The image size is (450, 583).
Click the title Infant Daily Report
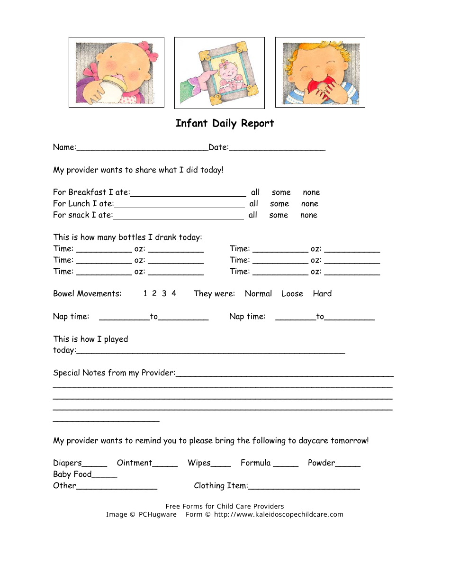click(x=225, y=123)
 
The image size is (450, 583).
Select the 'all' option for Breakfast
click(x=255, y=192)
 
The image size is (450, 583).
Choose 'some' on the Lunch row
click(x=279, y=204)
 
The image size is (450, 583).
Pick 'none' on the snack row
click(x=309, y=215)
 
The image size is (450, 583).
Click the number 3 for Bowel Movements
click(x=164, y=294)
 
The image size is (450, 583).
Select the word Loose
click(x=292, y=294)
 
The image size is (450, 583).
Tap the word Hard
click(x=322, y=294)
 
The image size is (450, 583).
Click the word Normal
click(x=258, y=294)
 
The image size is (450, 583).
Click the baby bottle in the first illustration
click(x=109, y=89)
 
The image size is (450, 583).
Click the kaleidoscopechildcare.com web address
click(x=279, y=515)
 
